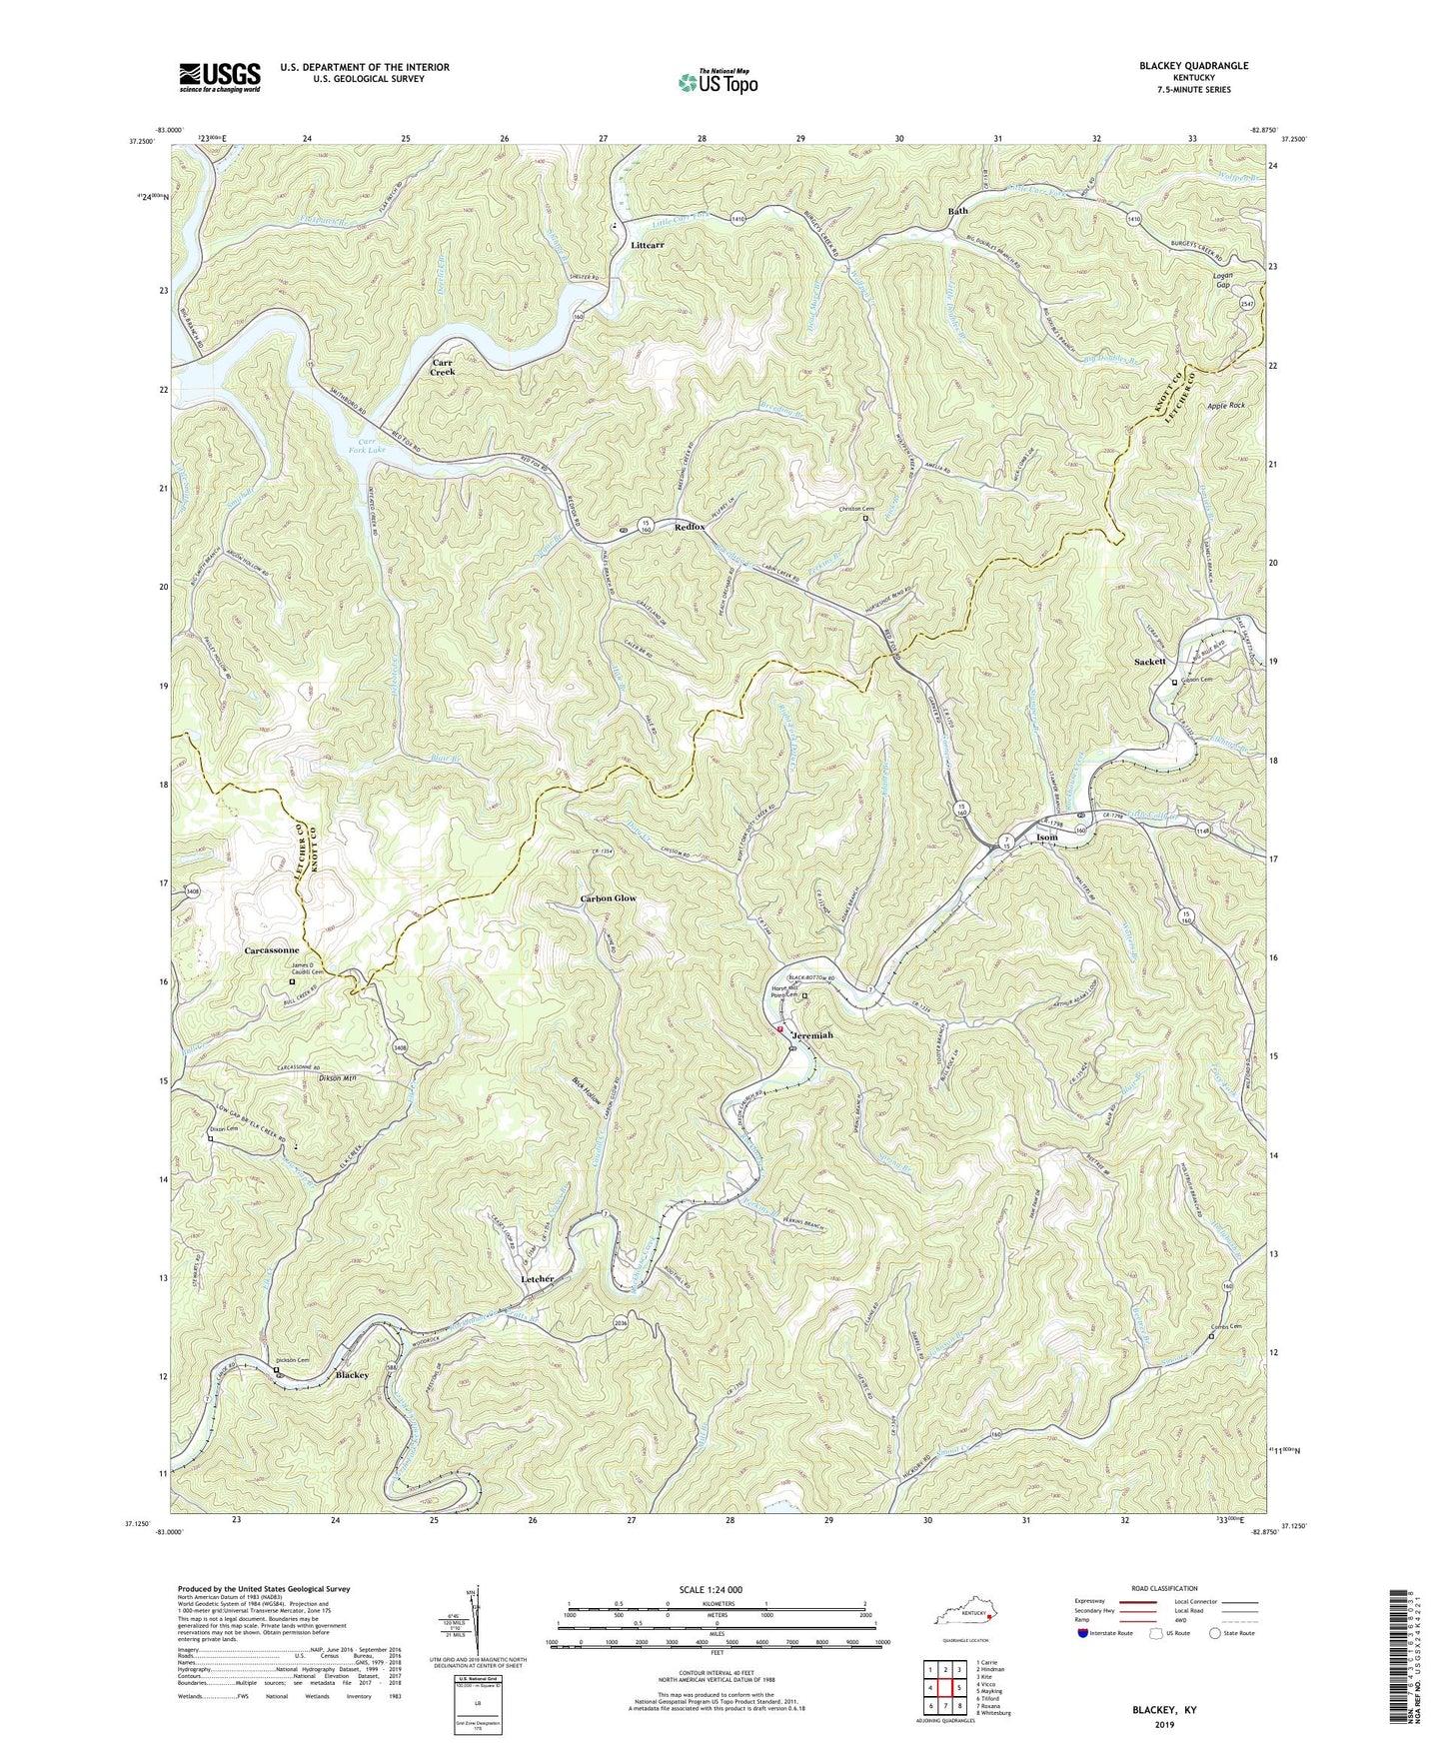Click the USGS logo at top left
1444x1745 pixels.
pos(220,76)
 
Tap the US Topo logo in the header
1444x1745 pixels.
pos(717,82)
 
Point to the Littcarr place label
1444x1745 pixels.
pos(648,244)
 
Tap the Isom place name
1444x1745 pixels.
pos(1046,837)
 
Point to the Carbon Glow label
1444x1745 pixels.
pos(608,898)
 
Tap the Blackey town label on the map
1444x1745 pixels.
pos(352,1375)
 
